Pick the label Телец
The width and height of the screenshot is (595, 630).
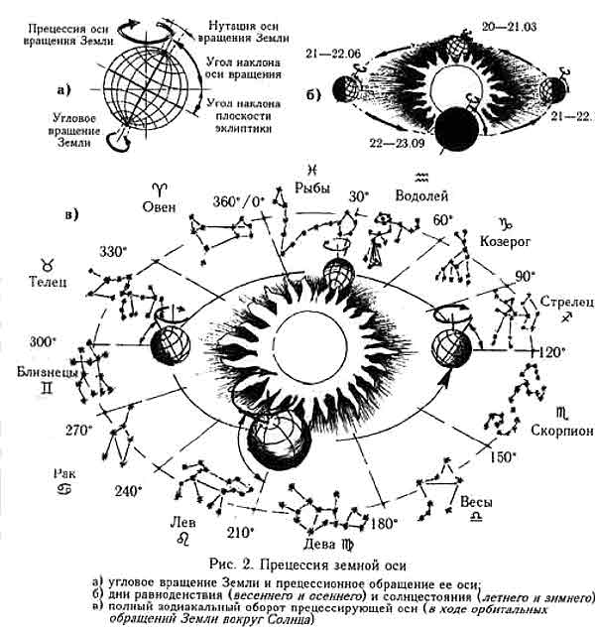point(46,282)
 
